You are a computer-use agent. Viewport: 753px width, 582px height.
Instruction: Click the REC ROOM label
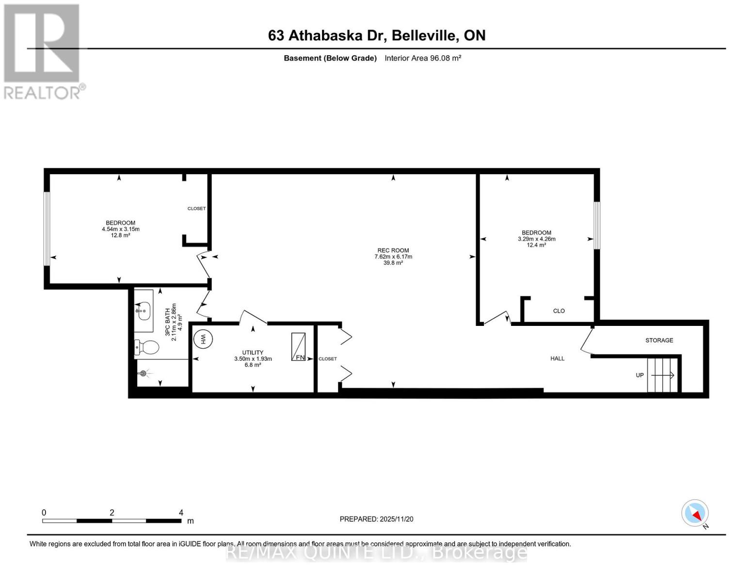point(393,250)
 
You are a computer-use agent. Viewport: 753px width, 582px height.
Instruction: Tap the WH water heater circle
point(204,338)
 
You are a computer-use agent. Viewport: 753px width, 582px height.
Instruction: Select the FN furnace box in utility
point(298,347)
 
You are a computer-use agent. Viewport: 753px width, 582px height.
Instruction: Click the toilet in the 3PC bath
point(147,347)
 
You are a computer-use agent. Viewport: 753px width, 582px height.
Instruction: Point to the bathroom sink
point(144,311)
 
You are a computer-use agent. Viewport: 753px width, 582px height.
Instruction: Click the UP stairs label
point(640,375)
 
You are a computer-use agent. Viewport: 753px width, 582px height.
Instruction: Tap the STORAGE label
point(659,340)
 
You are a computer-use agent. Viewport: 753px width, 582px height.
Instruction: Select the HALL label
point(557,358)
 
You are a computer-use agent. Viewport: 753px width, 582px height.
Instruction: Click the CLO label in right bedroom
point(559,311)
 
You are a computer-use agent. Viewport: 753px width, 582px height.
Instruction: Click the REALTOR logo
point(42,51)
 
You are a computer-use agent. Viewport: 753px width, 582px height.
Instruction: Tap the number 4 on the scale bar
point(181,513)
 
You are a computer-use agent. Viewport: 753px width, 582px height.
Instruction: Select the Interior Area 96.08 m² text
point(422,58)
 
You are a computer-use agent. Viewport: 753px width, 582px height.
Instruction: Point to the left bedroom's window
point(47,228)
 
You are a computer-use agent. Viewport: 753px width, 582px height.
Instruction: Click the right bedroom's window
point(597,226)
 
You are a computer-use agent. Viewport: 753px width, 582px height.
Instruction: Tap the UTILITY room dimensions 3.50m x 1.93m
point(253,359)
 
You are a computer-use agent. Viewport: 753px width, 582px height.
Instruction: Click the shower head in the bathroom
point(143,373)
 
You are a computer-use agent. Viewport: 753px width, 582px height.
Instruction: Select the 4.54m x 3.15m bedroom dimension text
point(120,229)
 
